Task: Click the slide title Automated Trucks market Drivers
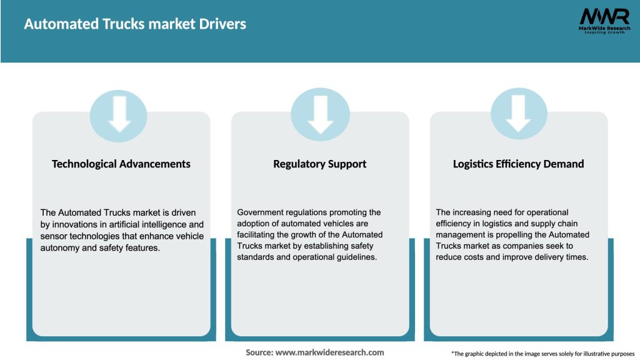click(135, 24)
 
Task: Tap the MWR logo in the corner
click(604, 17)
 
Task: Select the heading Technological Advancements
click(121, 164)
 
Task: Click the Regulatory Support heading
click(319, 164)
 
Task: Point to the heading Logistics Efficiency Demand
click(518, 164)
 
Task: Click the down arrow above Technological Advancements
click(119, 114)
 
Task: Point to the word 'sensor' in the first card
click(53, 235)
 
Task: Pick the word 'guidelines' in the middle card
click(356, 257)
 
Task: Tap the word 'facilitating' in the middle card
click(259, 235)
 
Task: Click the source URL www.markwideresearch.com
click(329, 352)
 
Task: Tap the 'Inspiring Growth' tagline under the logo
click(604, 32)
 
